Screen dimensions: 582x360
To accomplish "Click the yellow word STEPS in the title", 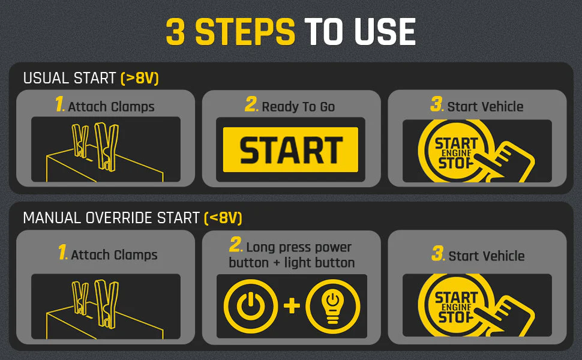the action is (x=245, y=32).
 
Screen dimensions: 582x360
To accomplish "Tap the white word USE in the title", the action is (x=385, y=32).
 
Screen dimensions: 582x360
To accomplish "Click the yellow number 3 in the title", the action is (x=175, y=32).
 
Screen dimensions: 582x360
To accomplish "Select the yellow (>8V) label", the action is (x=140, y=79).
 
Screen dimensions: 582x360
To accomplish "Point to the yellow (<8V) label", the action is (x=223, y=218).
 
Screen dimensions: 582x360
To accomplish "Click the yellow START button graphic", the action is (x=290, y=149).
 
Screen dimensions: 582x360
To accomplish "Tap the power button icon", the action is (x=251, y=306).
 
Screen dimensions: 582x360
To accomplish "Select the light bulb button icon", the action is (x=333, y=306).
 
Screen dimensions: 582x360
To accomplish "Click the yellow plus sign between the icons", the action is (x=292, y=306).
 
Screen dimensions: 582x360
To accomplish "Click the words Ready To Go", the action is (x=298, y=107).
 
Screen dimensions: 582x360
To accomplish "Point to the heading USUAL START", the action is (x=70, y=79).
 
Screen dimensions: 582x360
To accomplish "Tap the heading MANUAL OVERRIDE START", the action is (x=112, y=218).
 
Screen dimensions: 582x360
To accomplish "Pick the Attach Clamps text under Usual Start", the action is (x=112, y=107).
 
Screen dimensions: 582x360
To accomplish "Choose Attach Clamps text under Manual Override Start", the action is (x=115, y=255).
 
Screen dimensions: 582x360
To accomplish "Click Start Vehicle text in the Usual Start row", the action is (x=485, y=107).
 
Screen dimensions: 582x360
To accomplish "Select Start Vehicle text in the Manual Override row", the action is (x=487, y=256).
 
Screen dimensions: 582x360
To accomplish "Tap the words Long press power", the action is (x=299, y=247).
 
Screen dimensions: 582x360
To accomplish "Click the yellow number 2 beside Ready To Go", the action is (x=251, y=104).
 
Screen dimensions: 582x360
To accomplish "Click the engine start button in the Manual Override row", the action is (x=457, y=305).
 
